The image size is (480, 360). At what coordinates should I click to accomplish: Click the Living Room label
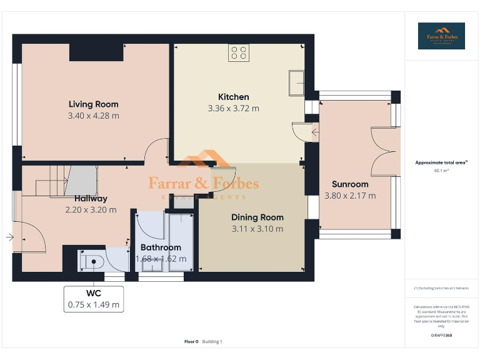click(93, 104)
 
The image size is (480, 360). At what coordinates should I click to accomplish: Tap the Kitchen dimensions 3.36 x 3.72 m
click(233, 108)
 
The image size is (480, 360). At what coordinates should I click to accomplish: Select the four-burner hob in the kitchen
click(237, 52)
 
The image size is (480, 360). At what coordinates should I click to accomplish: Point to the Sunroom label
click(350, 184)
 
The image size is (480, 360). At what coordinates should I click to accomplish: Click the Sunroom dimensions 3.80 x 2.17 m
click(350, 196)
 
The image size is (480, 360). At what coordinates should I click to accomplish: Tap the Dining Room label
click(257, 217)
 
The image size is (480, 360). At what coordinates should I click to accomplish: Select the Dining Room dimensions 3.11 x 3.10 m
click(257, 229)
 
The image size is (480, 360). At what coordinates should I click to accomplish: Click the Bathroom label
click(161, 247)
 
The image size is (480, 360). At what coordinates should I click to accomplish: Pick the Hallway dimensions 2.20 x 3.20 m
click(91, 210)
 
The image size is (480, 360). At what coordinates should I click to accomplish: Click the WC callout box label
click(93, 293)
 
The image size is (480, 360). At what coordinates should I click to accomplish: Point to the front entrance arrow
click(9, 237)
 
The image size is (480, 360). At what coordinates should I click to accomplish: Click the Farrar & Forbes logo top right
click(441, 36)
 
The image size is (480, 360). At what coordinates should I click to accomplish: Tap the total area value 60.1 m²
click(441, 170)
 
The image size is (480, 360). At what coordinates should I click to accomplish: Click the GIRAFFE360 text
click(441, 336)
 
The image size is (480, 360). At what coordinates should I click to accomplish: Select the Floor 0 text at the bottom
click(191, 341)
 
